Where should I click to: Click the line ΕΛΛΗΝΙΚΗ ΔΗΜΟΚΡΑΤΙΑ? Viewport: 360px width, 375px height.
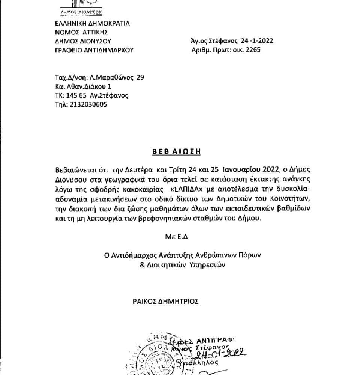pos(92,23)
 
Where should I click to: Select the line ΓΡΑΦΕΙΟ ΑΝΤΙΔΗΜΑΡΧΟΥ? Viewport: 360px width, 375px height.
pos(94,50)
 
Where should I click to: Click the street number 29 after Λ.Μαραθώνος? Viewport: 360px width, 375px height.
pos(140,77)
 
